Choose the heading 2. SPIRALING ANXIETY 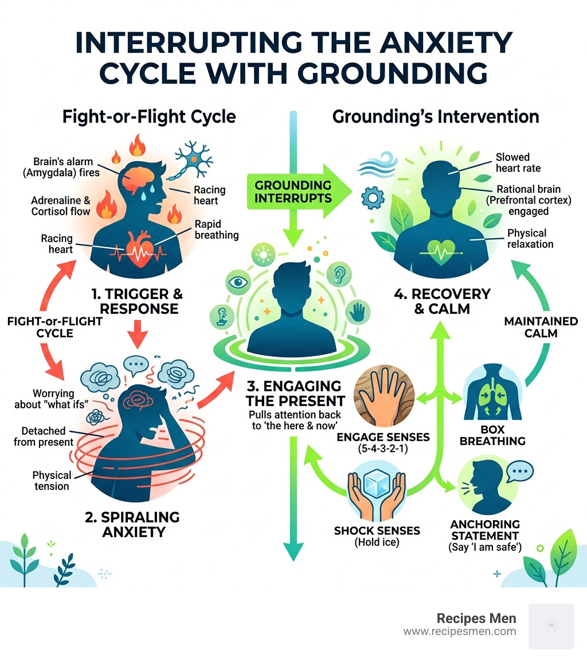pyautogui.click(x=132, y=524)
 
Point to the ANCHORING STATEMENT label pyautogui.click(x=485, y=531)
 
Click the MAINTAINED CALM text pyautogui.click(x=541, y=327)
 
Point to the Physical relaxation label pyautogui.click(x=530, y=238)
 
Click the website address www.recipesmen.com pyautogui.click(x=459, y=632)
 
